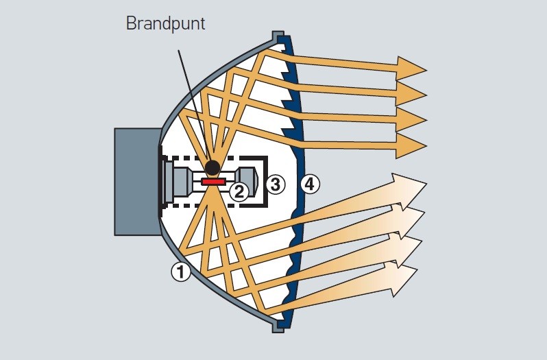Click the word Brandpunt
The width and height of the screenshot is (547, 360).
click(x=165, y=23)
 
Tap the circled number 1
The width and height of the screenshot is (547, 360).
click(x=180, y=272)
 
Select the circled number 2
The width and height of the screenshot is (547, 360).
click(x=239, y=191)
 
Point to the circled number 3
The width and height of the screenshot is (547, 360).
click(x=275, y=183)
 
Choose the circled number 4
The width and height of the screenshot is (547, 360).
click(x=310, y=183)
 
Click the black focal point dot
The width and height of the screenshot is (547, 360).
click(x=212, y=167)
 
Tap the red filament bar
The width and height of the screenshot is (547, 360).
click(x=213, y=182)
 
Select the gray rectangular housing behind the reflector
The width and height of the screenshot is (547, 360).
click(x=135, y=182)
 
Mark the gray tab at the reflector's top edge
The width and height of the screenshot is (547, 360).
click(x=278, y=36)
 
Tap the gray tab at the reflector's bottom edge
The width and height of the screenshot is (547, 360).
click(x=276, y=326)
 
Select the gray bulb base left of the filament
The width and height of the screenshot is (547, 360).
click(x=180, y=182)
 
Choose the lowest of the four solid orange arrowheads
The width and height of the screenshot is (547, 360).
click(x=411, y=145)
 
